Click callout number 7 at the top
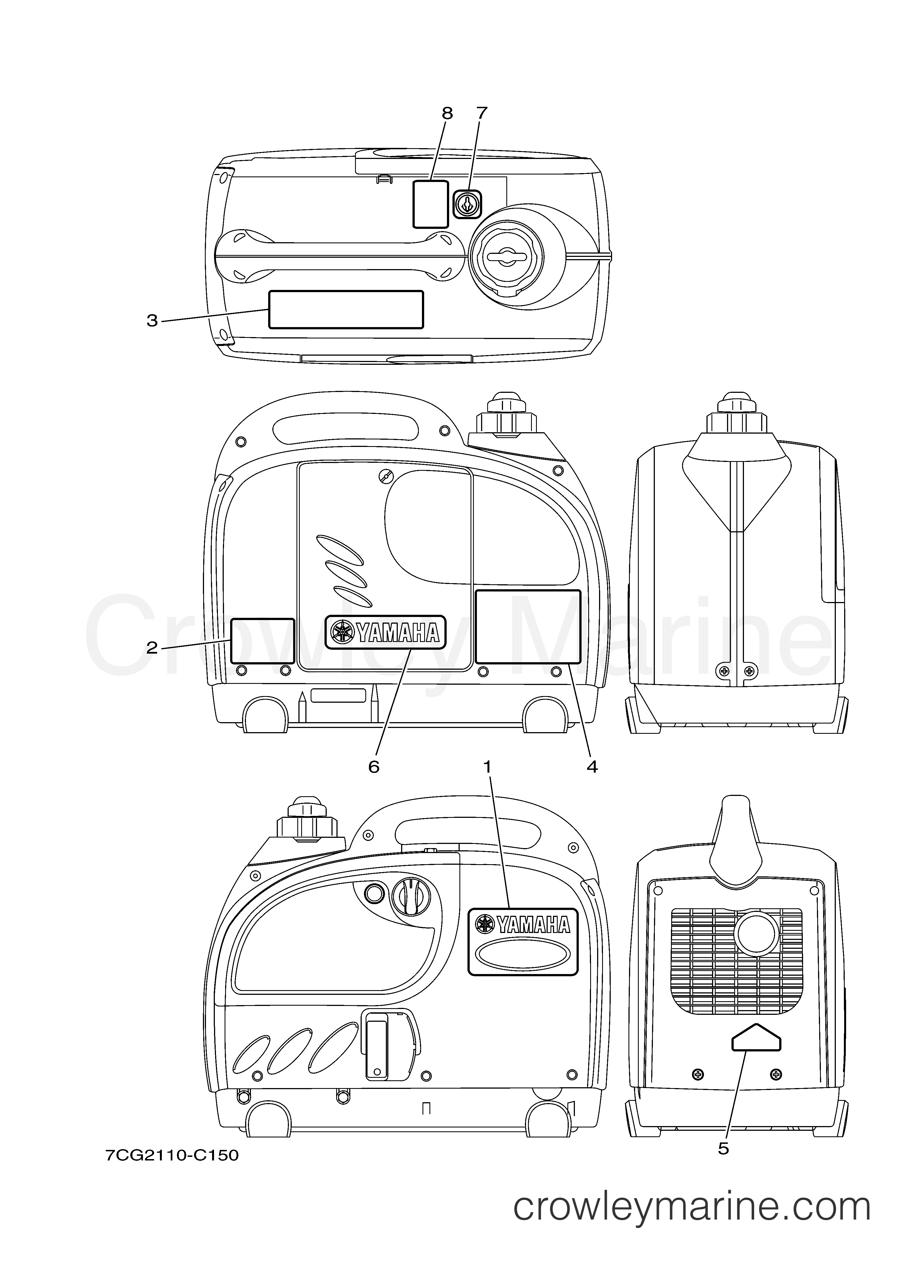point(482,113)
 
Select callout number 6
point(373,767)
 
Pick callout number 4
point(592,767)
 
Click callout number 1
point(487,767)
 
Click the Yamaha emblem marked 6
point(386,632)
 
